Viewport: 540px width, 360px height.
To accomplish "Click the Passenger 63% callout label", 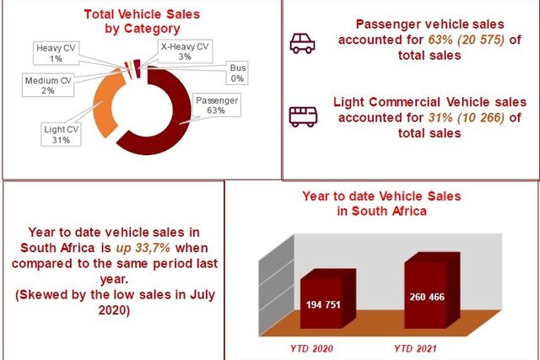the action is pyautogui.click(x=217, y=105).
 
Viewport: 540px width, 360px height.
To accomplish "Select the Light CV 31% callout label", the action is pyautogui.click(x=61, y=135).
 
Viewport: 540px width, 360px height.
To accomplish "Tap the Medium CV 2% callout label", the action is pyautogui.click(x=48, y=85).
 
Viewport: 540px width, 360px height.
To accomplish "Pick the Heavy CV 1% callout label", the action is pyautogui.click(x=56, y=53).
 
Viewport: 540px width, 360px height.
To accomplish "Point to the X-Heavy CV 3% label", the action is pyautogui.click(x=185, y=51).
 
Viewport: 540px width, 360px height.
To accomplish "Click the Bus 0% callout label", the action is pyautogui.click(x=237, y=73).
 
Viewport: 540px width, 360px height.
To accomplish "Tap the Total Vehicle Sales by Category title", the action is pyautogui.click(x=142, y=21).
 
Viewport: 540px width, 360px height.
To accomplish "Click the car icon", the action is pyautogui.click(x=302, y=43).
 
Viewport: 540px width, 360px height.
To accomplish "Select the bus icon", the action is pyautogui.click(x=303, y=116).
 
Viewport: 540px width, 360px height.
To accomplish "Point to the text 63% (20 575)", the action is pyautogui.click(x=467, y=40).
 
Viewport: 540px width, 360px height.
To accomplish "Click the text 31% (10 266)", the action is pyautogui.click(x=467, y=118).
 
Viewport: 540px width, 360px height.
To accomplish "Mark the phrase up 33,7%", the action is pyautogui.click(x=143, y=248).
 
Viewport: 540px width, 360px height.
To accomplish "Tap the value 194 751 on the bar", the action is pyautogui.click(x=323, y=304).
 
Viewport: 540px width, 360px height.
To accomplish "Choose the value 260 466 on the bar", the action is pyautogui.click(x=427, y=297).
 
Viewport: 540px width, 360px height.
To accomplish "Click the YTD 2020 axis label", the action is pyautogui.click(x=311, y=349).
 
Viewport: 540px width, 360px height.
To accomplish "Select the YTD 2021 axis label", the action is pyautogui.click(x=415, y=349).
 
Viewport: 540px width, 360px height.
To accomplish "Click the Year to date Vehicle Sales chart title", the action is pyautogui.click(x=381, y=203).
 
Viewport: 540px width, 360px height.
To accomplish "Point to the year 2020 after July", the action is pyautogui.click(x=114, y=310).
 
